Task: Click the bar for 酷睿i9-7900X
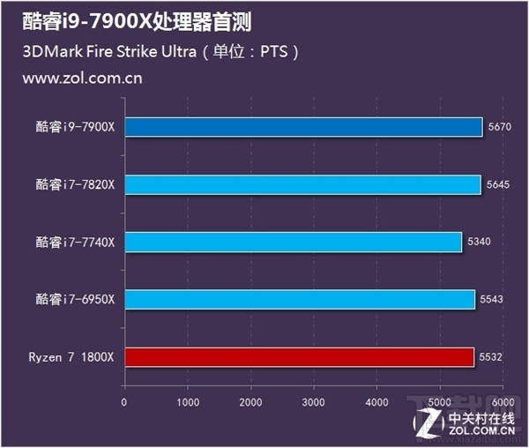pos(303,127)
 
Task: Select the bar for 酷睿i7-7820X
pos(302,184)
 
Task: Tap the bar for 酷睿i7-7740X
pos(293,242)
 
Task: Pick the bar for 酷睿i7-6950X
pos(300,299)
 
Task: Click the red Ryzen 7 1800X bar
pos(299,356)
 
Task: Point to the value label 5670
pos(499,127)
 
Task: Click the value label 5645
pos(497,184)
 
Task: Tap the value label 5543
pos(491,299)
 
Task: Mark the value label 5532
pos(491,356)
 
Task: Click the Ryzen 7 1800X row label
pos(71,356)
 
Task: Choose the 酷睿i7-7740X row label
pos(75,242)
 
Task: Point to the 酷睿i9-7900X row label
pos(75,127)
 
